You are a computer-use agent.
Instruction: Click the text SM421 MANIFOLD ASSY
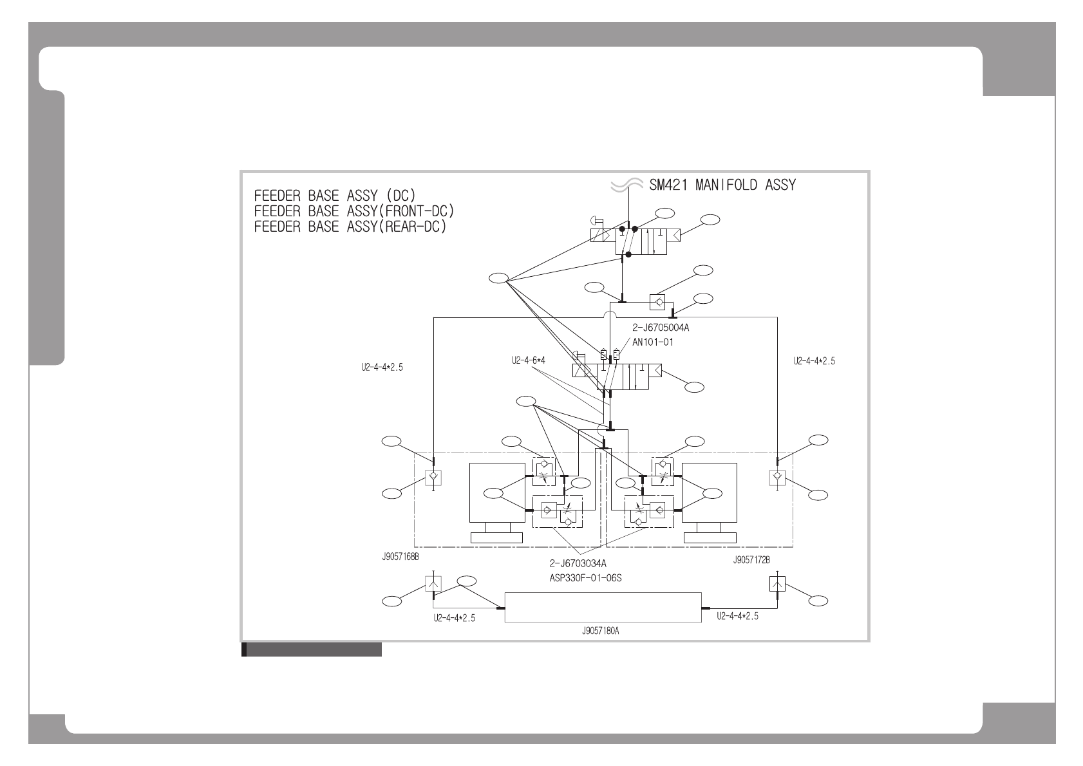point(722,185)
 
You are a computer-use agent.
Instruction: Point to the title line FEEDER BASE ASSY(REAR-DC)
point(350,227)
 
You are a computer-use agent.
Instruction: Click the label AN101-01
point(652,342)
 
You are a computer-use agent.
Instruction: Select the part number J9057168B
point(400,556)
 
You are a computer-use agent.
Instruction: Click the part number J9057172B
point(751,559)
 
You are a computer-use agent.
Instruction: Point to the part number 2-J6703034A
point(578,564)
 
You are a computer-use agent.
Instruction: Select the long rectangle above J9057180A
point(602,607)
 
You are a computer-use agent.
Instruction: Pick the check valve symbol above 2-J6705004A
point(657,301)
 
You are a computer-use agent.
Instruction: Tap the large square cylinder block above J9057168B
point(497,493)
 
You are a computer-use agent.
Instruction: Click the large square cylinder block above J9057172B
point(710,493)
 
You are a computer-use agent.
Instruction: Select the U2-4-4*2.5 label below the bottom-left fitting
point(455,619)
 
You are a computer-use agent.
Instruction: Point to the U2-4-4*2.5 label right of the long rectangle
point(738,616)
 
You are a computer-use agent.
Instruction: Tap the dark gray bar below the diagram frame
point(312,649)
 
